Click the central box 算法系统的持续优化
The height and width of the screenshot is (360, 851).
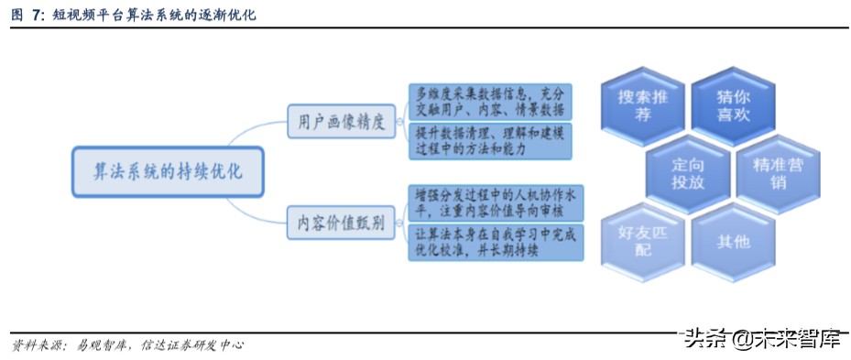(168, 171)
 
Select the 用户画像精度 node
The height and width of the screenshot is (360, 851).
(341, 121)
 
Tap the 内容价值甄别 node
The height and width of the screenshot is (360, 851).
(341, 223)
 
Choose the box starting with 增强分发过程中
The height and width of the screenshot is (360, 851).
(496, 202)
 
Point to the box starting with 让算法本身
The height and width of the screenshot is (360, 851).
(496, 242)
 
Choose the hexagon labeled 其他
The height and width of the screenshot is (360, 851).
(733, 242)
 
